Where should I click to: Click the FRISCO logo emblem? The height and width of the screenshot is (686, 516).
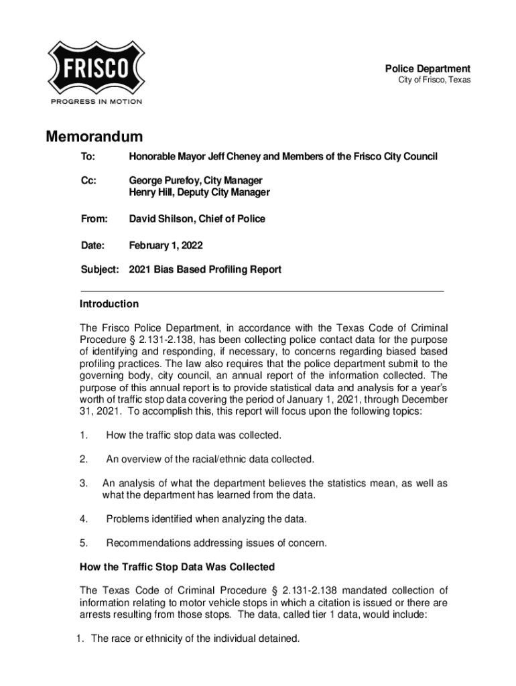[x=96, y=68]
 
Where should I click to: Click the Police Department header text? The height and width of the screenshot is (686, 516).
[x=427, y=68]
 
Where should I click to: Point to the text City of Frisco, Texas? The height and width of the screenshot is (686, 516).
[x=434, y=80]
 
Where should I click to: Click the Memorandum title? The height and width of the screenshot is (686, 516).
[x=94, y=137]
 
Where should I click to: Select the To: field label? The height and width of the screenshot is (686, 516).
[x=88, y=157]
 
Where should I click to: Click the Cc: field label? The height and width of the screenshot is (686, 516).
[x=88, y=181]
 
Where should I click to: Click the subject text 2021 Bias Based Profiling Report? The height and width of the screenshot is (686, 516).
[x=205, y=270]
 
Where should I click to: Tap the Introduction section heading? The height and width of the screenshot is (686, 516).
[x=109, y=304]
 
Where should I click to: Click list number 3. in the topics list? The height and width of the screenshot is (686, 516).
[x=84, y=483]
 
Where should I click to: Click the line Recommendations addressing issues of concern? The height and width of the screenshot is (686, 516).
[x=216, y=543]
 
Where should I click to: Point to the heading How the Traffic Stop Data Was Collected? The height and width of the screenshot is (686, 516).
[x=177, y=567]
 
